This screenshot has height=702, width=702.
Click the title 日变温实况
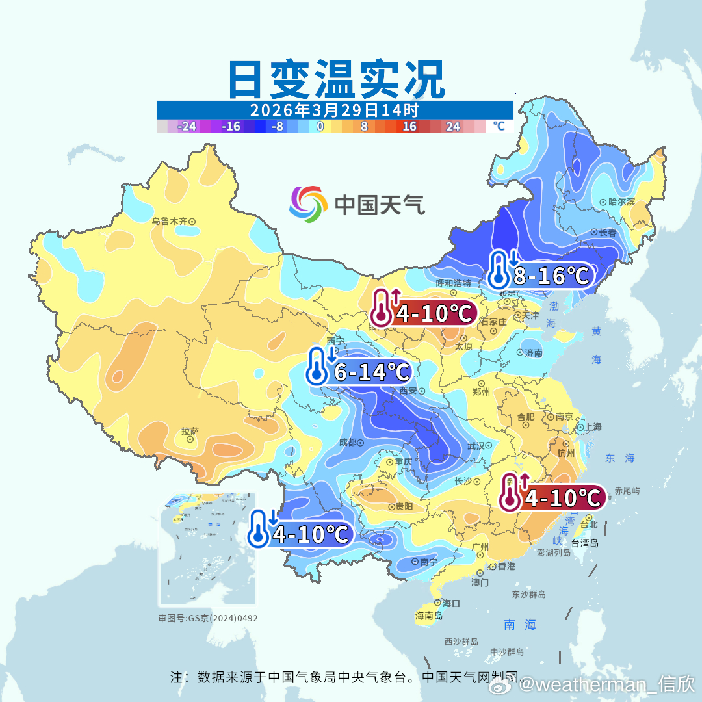coord(335,79)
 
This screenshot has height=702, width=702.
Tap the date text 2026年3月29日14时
coord(334,110)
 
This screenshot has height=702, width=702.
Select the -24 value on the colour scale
coord(187,126)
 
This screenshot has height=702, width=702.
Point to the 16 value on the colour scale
coord(409,126)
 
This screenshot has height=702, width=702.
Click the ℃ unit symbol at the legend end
coord(499,126)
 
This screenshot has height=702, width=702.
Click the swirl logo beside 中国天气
coord(308,204)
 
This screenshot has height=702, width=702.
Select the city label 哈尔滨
coord(621,202)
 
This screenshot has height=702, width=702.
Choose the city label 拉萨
coord(190,431)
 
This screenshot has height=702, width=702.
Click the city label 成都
coord(348,443)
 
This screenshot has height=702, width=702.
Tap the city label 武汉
coord(476,446)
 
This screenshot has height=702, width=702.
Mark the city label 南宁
coord(428,562)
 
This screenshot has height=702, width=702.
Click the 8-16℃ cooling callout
coord(541,275)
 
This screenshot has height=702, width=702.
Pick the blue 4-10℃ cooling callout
coord(301,534)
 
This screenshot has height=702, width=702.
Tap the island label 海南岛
coord(429,616)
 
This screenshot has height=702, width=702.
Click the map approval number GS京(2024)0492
coord(208,618)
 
